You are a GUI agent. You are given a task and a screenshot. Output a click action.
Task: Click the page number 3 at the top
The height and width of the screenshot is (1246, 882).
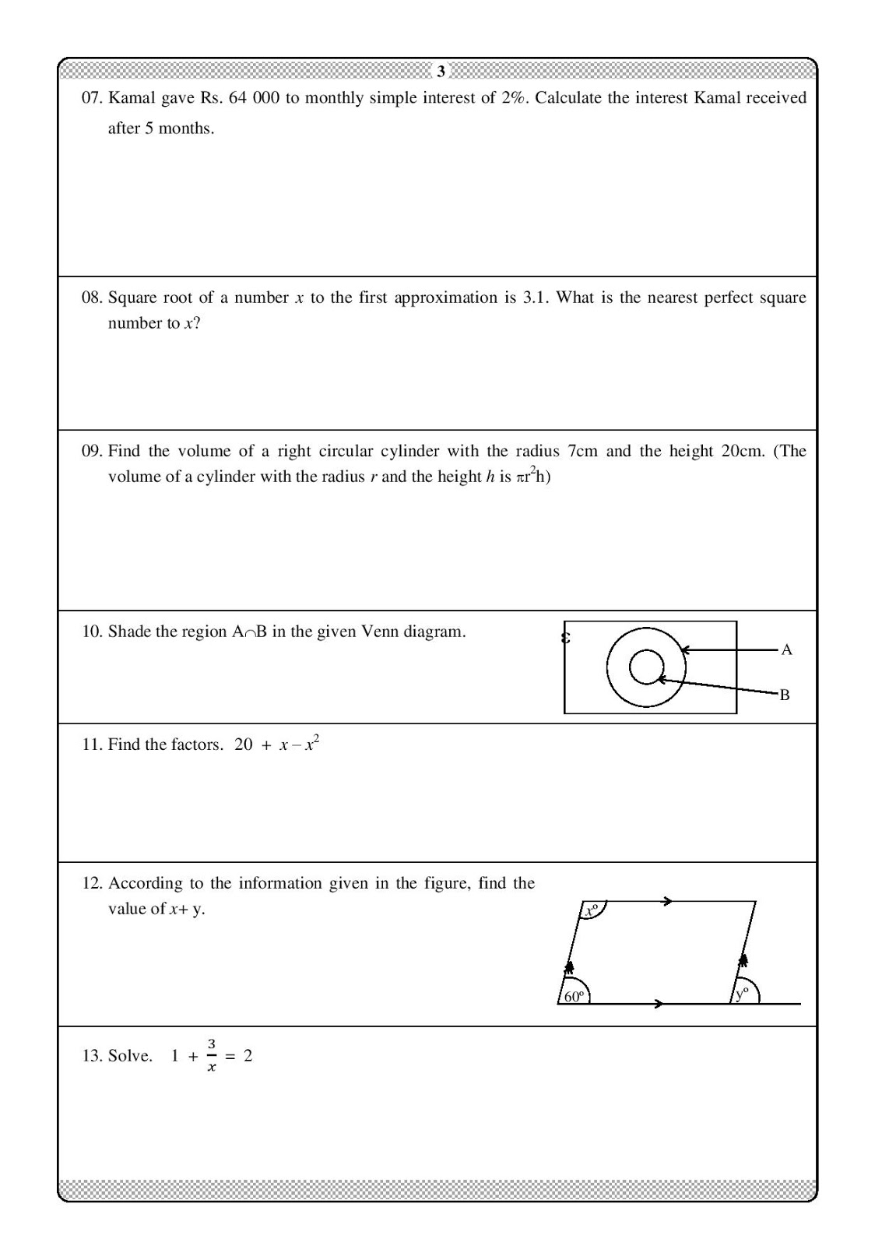tap(441, 72)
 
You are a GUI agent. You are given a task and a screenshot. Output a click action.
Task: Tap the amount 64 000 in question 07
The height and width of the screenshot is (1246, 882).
tap(254, 98)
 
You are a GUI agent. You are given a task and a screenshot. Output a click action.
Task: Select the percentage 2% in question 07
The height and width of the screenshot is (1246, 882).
tap(513, 98)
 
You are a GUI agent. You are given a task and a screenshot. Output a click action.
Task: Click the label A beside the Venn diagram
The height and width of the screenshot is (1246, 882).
tap(786, 649)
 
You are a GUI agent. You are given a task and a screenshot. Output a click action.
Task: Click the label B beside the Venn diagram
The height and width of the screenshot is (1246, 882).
tap(785, 695)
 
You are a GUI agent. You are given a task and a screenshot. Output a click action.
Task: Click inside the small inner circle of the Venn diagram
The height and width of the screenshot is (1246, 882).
tap(645, 667)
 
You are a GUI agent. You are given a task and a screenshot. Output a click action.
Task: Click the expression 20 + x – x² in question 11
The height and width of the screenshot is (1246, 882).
tap(277, 744)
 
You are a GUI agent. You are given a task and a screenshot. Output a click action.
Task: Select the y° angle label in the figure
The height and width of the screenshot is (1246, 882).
tap(742, 993)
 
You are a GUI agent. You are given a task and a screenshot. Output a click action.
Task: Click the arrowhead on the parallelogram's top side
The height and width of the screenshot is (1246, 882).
tap(667, 902)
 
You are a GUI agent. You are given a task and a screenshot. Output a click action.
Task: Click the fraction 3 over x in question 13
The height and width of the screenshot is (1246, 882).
tap(211, 1055)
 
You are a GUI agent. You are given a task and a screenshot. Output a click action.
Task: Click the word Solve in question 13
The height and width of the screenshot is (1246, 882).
tap(130, 1056)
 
